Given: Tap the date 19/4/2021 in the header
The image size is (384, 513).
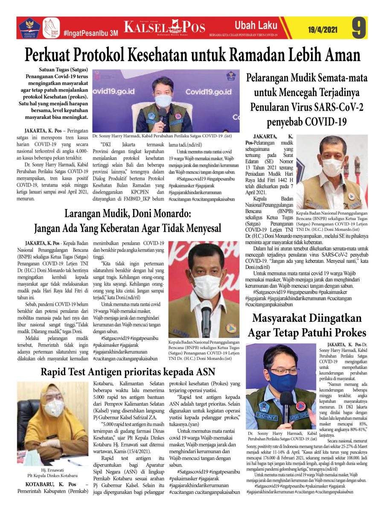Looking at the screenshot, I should click(x=323, y=30).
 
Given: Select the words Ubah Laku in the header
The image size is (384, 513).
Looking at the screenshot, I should click(x=256, y=24).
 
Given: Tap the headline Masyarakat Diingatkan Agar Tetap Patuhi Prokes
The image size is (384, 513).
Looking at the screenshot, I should click(x=306, y=325).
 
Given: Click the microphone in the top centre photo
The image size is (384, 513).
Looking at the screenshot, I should click(x=162, y=114).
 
